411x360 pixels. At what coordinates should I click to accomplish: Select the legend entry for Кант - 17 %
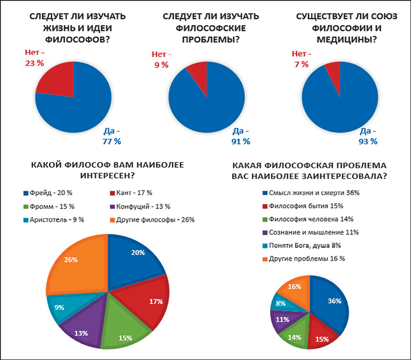(x=132, y=193)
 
